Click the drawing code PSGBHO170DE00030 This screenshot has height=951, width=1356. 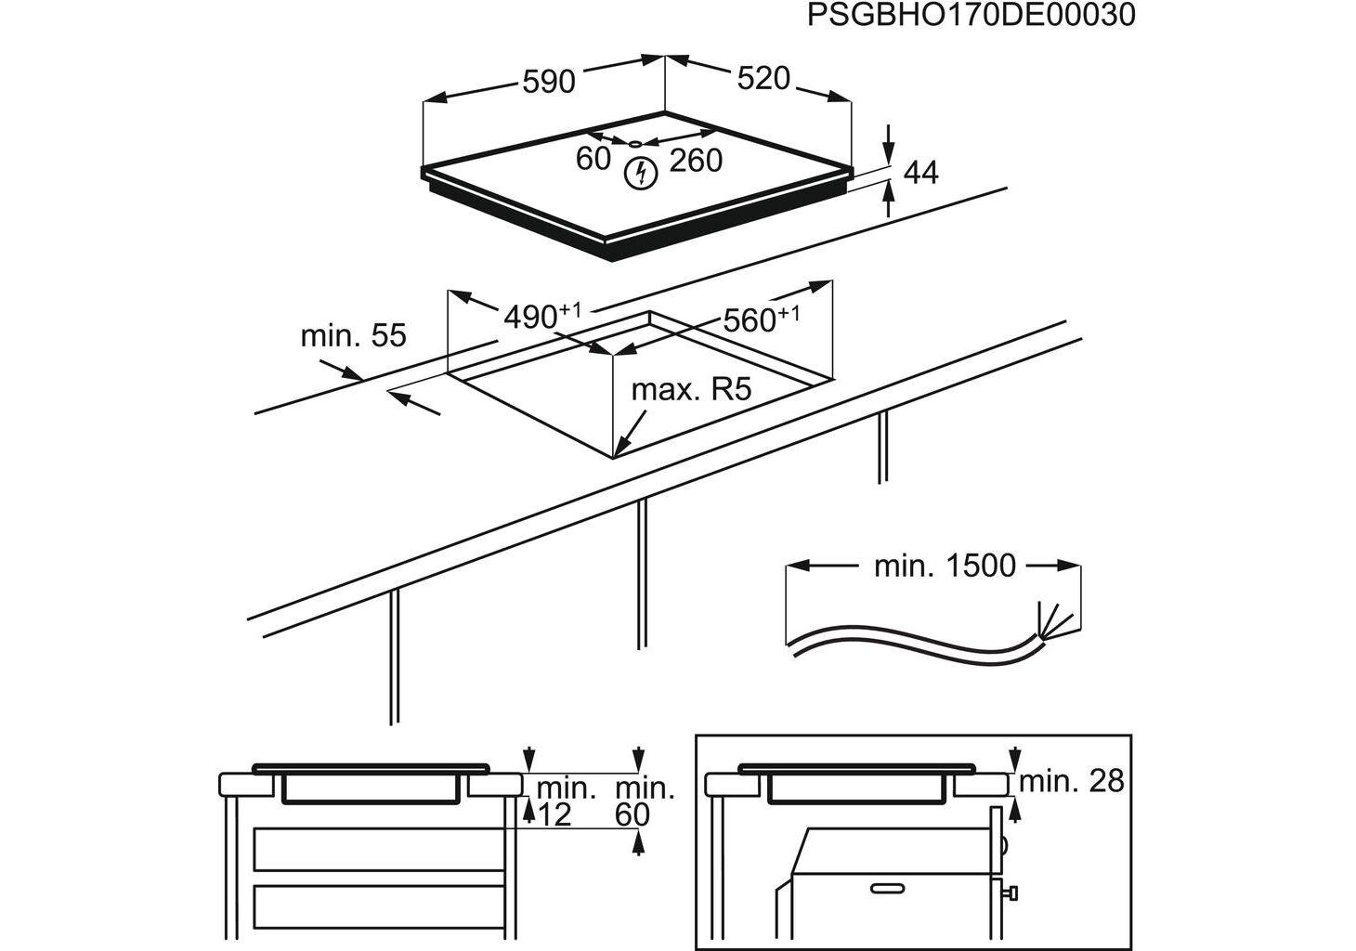(x=971, y=16)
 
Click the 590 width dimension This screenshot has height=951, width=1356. (x=549, y=82)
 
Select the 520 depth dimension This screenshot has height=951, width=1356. (x=763, y=79)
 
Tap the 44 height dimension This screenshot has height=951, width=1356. (x=920, y=173)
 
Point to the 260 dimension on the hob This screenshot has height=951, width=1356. (x=696, y=161)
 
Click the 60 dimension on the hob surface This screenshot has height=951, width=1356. (x=593, y=159)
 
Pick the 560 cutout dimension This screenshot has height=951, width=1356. (x=760, y=319)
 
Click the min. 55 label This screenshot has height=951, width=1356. (x=353, y=335)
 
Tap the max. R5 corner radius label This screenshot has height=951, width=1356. (x=690, y=389)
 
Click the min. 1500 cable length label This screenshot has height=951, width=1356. (x=945, y=566)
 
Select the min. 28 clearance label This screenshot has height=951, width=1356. (x=1071, y=781)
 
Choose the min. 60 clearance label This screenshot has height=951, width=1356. (x=645, y=801)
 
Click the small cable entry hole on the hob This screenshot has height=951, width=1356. (x=634, y=144)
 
